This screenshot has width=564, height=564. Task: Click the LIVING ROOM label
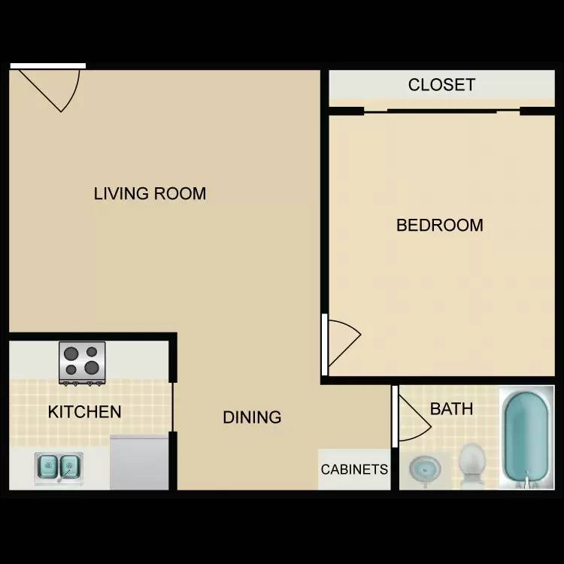click(150, 193)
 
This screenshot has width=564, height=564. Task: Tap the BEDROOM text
click(440, 225)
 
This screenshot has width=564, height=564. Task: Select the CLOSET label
click(441, 85)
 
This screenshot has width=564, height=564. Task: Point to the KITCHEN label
click(84, 412)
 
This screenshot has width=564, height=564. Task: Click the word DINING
click(252, 417)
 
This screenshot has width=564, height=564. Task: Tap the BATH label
click(451, 409)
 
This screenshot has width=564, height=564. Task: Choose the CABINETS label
click(354, 469)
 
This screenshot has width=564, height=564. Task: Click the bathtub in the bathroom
click(526, 438)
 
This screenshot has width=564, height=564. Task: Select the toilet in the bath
click(472, 464)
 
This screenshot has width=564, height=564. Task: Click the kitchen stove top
click(83, 363)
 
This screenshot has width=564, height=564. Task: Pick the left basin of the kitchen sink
click(47, 466)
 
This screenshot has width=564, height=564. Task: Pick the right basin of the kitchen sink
click(70, 467)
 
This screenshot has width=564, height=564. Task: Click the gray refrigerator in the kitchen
click(139, 462)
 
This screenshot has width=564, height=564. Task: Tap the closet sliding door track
click(441, 112)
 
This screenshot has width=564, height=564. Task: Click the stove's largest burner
click(92, 368)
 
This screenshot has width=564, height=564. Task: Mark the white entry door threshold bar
click(48, 66)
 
